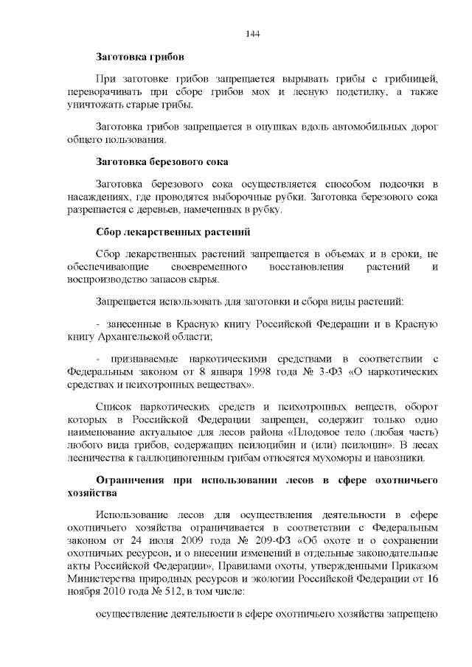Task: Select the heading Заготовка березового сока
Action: point(162,161)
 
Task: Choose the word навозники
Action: point(401,458)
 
